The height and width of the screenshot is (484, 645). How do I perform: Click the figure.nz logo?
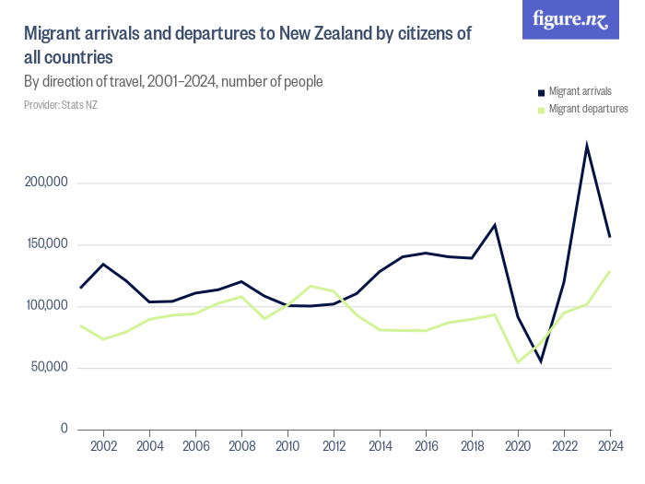pos(570,19)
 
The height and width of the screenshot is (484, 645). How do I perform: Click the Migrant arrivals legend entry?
pos(580,91)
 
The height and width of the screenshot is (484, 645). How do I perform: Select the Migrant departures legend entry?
pos(587,109)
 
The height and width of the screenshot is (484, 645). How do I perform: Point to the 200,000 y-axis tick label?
pos(46,183)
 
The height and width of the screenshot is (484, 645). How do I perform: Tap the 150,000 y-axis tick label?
pos(46,244)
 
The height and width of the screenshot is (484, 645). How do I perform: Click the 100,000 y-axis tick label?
pos(46,306)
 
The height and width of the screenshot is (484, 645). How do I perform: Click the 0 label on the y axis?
pos(64,429)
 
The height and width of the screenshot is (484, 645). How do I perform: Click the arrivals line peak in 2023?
pos(587,146)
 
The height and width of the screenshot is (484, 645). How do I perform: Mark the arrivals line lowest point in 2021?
pos(541,360)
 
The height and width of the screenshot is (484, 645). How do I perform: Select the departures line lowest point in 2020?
pos(518,361)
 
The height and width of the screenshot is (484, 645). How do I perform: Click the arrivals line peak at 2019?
pos(495,225)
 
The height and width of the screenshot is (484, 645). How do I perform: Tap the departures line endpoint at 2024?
pos(610,271)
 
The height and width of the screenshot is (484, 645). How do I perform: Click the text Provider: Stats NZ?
pos(60,105)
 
